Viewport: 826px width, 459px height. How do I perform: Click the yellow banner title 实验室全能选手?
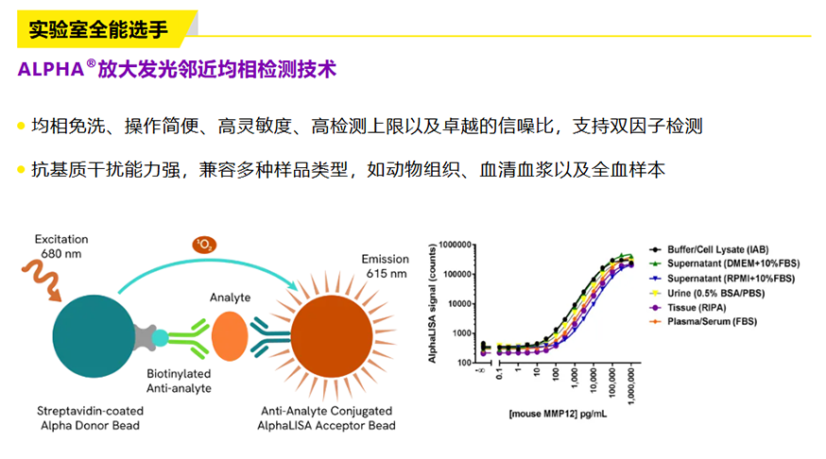point(98,29)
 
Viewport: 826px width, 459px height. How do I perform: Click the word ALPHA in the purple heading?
point(51,69)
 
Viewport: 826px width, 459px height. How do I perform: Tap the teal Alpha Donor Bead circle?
point(94,336)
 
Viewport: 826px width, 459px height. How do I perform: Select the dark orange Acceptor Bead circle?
point(332,337)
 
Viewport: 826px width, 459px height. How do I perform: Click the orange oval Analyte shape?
point(230,336)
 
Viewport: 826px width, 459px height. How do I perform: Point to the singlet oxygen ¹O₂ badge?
point(204,245)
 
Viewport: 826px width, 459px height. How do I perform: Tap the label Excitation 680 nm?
point(61,246)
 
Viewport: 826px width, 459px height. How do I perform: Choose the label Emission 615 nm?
point(385,266)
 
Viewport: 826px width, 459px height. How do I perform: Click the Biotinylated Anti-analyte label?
point(179,382)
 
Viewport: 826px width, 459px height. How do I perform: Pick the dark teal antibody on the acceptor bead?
point(270,337)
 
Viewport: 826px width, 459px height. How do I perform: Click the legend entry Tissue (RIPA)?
point(697,307)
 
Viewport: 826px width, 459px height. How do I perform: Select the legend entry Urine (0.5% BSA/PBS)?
point(715,293)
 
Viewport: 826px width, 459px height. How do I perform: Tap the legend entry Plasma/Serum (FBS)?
point(712,322)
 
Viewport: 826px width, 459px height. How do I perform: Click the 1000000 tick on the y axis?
point(456,245)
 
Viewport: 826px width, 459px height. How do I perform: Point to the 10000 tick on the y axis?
point(460,304)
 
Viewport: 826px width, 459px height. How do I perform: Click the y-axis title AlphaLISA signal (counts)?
point(433,303)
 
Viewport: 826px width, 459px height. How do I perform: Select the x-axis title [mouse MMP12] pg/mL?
point(558,415)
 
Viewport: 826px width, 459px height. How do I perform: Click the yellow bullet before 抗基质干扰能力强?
point(21,169)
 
